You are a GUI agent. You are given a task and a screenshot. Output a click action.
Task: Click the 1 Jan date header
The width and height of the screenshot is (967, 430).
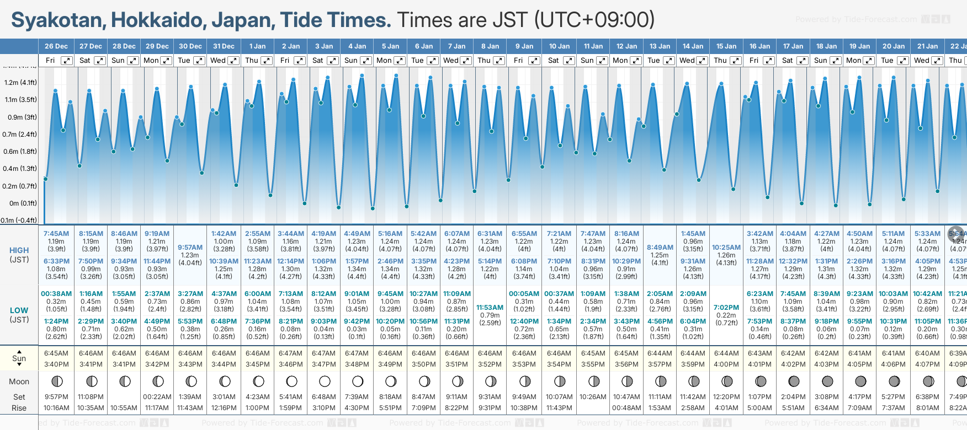pyautogui.click(x=257, y=46)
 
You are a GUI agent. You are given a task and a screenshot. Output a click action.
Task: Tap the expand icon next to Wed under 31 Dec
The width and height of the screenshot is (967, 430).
pyautogui.click(x=233, y=61)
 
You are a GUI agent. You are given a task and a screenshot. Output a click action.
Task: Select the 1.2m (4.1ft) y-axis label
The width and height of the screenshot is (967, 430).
pyautogui.click(x=20, y=83)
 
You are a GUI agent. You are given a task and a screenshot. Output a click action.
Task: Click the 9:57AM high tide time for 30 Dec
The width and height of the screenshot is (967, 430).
pyautogui.click(x=190, y=248)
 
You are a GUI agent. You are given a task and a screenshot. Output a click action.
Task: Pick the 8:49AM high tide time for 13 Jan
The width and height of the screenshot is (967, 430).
pyautogui.click(x=660, y=248)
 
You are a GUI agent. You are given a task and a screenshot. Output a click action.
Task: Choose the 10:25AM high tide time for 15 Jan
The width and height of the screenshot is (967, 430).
pyautogui.click(x=726, y=248)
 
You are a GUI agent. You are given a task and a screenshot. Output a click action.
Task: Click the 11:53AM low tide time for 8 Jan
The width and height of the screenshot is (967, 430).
pyautogui.click(x=490, y=308)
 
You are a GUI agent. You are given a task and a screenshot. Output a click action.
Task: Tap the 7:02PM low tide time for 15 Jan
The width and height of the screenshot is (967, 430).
pyautogui.click(x=726, y=308)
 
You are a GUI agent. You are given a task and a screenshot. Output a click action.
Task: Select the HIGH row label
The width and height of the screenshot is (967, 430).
pyautogui.click(x=19, y=250)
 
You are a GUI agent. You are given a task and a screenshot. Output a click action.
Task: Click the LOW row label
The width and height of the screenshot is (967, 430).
pyautogui.click(x=19, y=310)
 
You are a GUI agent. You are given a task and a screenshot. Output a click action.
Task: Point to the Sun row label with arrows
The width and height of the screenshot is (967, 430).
pyautogui.click(x=19, y=358)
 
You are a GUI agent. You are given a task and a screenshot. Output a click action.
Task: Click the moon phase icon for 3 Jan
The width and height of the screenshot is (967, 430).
pyautogui.click(x=325, y=381)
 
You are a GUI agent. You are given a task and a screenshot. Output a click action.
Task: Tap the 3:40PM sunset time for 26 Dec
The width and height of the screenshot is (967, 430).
pyautogui.click(x=56, y=364)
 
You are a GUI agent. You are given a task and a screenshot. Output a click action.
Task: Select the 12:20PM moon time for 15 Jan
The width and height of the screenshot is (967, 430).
pyautogui.click(x=726, y=397)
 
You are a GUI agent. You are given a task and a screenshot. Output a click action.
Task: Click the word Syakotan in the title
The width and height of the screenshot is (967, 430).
pyautogui.click(x=58, y=20)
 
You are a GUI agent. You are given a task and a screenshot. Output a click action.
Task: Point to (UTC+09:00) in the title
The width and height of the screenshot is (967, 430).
pyautogui.click(x=594, y=20)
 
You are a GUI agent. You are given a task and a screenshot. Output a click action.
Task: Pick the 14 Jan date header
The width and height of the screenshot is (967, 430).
pyautogui.click(x=693, y=46)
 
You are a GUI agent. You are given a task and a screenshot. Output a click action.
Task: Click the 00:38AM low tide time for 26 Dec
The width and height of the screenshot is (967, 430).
pyautogui.click(x=56, y=294)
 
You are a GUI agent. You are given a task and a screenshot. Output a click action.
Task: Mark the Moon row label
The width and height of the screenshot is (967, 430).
pyautogui.click(x=19, y=381)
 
